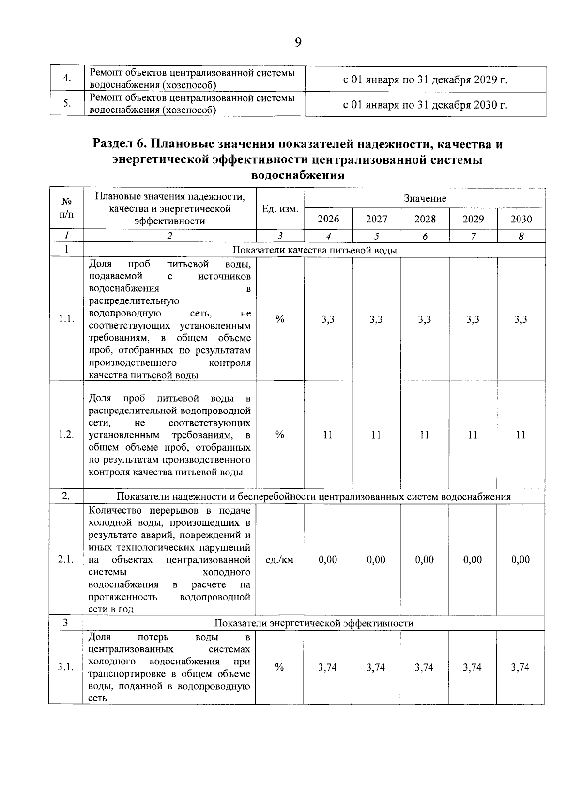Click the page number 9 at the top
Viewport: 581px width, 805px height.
click(x=298, y=43)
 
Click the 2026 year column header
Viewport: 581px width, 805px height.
click(x=328, y=219)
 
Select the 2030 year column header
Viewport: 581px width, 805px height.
click(x=521, y=219)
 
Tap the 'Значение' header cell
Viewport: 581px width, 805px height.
click(x=425, y=198)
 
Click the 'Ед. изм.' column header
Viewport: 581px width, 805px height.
click(x=280, y=209)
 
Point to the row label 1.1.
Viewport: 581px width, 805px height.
click(x=66, y=319)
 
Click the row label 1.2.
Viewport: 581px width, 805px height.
click(x=66, y=435)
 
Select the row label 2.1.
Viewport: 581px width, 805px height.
click(x=66, y=560)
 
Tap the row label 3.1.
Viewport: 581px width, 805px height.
click(x=66, y=667)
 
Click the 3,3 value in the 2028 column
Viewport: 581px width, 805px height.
click(x=425, y=319)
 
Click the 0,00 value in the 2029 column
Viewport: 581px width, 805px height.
click(x=473, y=560)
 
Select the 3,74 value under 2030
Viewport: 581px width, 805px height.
click(x=520, y=667)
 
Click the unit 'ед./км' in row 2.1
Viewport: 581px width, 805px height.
click(x=280, y=560)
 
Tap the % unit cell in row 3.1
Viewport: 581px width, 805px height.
click(x=279, y=667)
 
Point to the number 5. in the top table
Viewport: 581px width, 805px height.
click(x=67, y=104)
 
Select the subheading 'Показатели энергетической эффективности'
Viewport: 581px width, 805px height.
click(x=314, y=623)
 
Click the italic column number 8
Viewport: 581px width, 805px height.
click(x=521, y=237)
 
